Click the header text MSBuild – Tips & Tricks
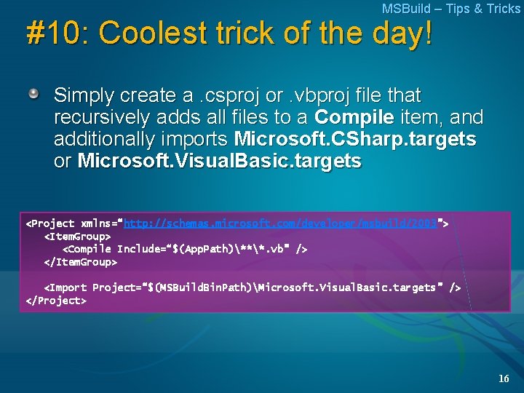click(450, 9)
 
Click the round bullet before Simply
click(33, 95)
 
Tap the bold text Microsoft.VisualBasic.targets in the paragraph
click(219, 161)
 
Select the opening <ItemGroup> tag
click(78, 237)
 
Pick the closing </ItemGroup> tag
click(81, 262)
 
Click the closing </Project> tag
click(56, 301)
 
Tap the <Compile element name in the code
click(90, 250)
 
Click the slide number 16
click(504, 378)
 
